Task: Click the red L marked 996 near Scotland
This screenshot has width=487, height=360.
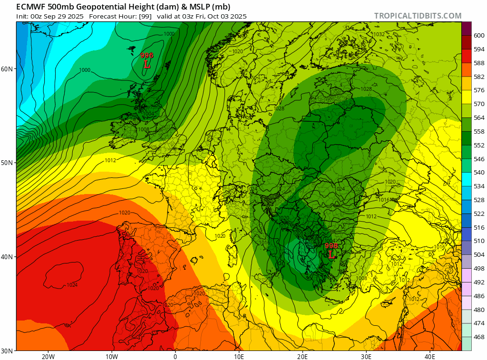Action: click(x=147, y=64)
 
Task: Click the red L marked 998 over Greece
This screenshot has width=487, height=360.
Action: click(x=331, y=254)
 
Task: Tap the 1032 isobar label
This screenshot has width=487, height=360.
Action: click(x=379, y=34)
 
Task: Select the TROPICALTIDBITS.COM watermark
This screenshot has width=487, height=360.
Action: click(x=418, y=16)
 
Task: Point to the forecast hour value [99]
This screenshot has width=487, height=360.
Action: click(x=145, y=16)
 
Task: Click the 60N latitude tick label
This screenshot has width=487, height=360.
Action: click(x=7, y=68)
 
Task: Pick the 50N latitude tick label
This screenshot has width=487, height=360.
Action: click(x=7, y=163)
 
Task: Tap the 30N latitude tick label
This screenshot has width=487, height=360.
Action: click(x=7, y=350)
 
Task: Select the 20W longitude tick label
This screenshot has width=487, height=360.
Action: click(x=48, y=357)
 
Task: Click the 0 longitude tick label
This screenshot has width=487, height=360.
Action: click(x=175, y=357)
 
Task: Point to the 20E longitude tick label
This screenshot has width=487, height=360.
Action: click(x=302, y=357)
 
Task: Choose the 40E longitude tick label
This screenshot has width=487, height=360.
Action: click(x=430, y=357)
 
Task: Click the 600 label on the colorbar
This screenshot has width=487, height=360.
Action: click(x=479, y=35)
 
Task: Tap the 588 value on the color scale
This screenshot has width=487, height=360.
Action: click(x=479, y=63)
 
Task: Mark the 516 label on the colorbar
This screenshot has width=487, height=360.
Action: click(x=479, y=227)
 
